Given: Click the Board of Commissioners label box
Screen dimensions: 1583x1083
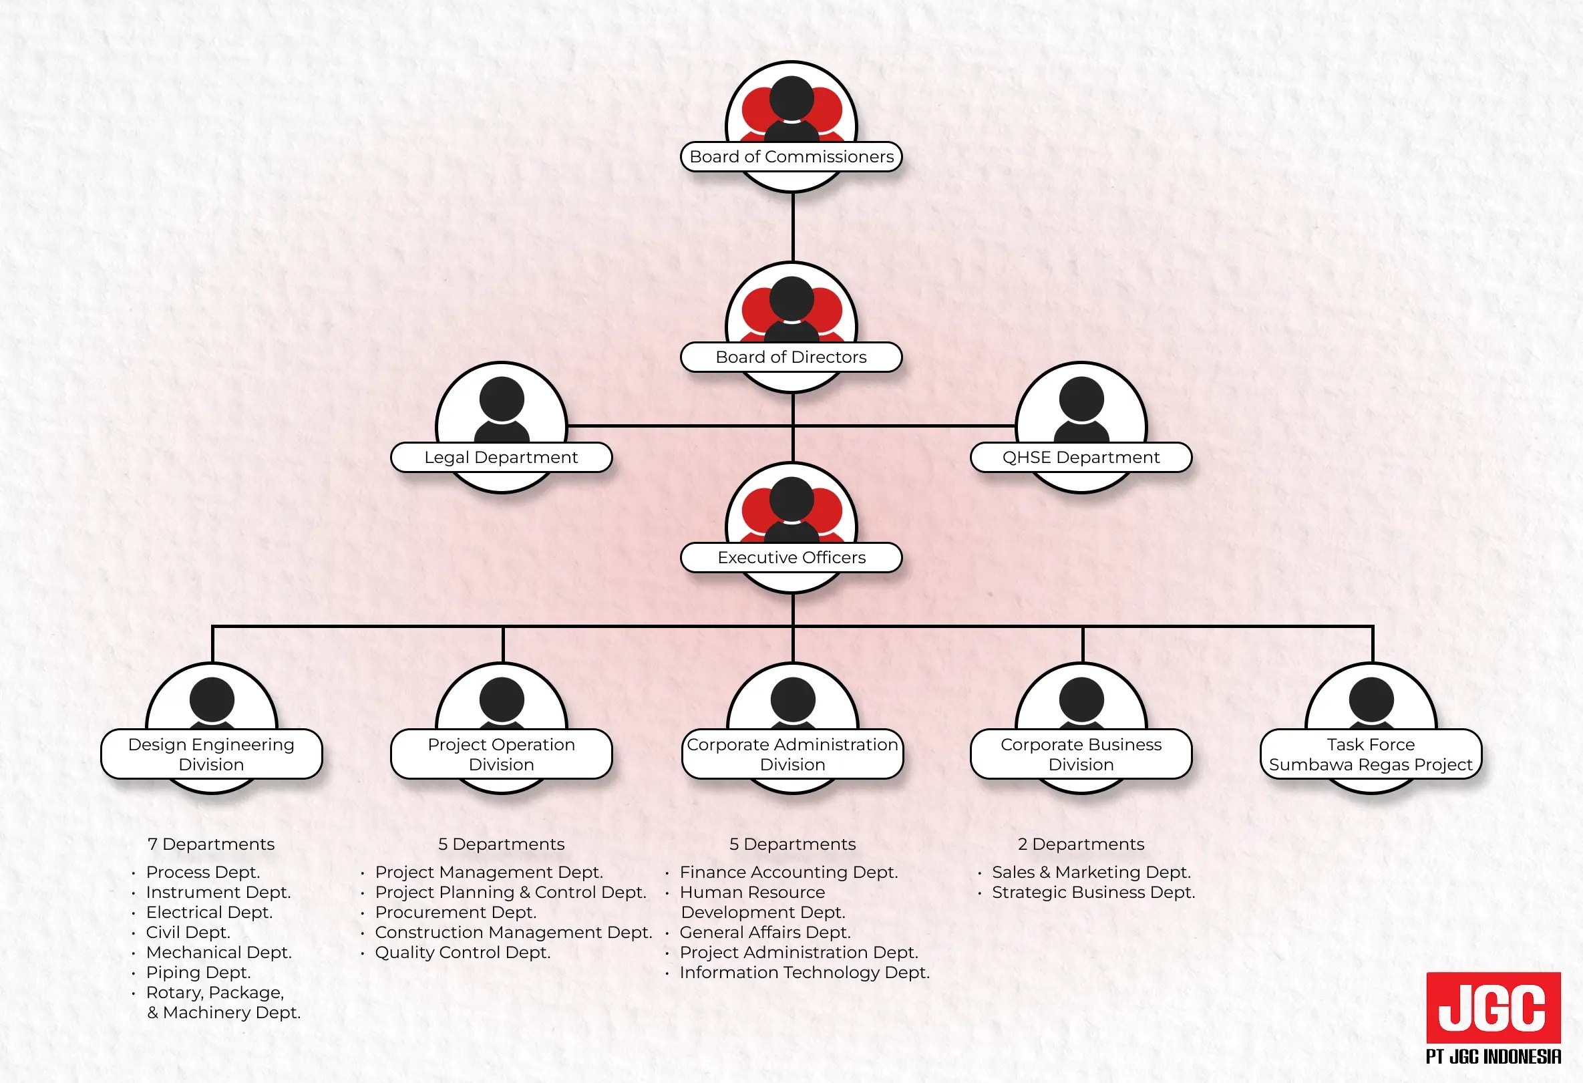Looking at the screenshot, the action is tap(791, 156).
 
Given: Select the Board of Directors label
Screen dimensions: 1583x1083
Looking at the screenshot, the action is tap(791, 357).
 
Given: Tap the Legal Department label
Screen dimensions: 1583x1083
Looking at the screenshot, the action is tap(501, 457).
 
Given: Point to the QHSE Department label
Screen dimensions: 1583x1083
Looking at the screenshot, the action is tap(1080, 457).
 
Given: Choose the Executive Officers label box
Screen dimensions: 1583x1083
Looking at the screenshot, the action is tap(791, 557).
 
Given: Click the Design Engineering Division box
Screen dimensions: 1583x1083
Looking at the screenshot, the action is tap(211, 754).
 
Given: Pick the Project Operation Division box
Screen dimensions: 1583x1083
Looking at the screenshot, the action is tap(502, 754).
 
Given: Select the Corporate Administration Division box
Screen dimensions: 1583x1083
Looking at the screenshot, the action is tap(792, 754).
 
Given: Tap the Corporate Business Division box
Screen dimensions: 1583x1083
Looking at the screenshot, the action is tap(1081, 754).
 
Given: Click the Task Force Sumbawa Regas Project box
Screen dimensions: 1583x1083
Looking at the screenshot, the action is tap(1371, 754).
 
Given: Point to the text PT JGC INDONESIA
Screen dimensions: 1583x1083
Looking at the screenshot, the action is tap(1493, 1056).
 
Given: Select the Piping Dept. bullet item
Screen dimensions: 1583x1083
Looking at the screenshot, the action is tap(198, 972).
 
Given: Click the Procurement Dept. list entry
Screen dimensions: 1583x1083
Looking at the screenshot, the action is tap(456, 912).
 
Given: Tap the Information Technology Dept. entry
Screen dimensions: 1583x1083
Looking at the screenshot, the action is tap(804, 972).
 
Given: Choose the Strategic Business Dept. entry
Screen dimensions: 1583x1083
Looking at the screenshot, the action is tap(1093, 893).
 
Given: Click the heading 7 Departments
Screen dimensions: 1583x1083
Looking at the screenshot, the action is tap(211, 844).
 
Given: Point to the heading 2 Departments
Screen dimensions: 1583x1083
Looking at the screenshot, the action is tap(1081, 844).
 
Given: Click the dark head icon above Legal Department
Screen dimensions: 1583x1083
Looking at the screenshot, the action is tap(502, 399).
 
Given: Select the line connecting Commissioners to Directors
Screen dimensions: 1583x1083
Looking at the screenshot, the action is tap(793, 226).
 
